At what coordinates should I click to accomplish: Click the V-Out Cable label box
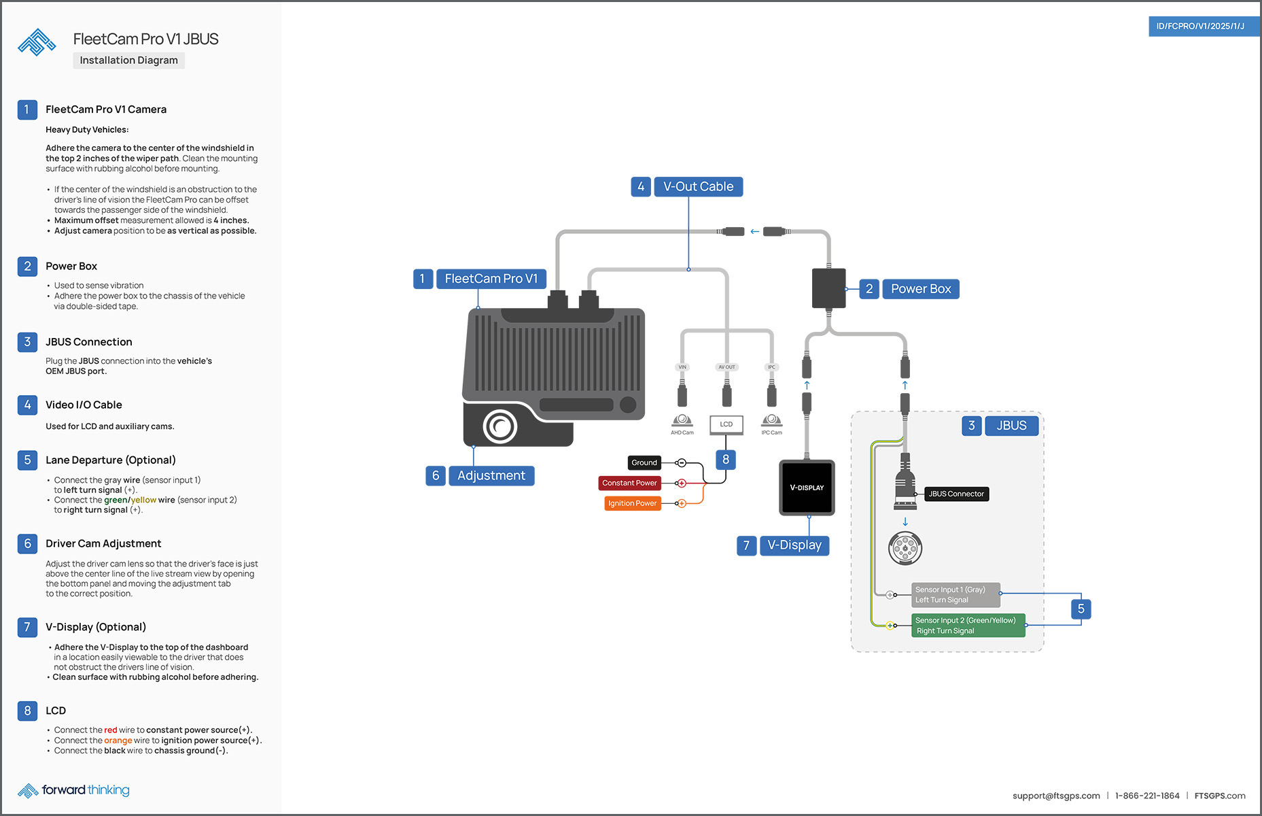point(698,187)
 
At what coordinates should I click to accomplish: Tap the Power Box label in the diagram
point(920,289)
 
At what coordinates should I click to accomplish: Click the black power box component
point(828,288)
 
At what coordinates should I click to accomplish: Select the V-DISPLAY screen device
point(807,488)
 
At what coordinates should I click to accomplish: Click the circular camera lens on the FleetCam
point(500,427)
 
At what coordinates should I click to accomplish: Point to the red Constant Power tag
point(629,483)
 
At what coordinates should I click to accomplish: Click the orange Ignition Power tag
point(632,504)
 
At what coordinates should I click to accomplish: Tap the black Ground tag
point(644,463)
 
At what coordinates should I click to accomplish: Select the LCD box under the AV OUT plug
point(726,424)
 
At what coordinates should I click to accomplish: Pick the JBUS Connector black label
point(956,494)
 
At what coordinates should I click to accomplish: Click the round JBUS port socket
point(905,547)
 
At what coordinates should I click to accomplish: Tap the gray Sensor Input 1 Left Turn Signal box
point(955,595)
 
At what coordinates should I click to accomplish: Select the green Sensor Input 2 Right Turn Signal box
point(967,626)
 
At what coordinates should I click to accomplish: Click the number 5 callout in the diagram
point(1081,609)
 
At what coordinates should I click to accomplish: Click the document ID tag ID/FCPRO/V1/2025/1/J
point(1200,27)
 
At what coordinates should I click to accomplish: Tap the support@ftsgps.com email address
point(1055,796)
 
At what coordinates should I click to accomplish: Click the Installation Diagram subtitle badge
point(128,61)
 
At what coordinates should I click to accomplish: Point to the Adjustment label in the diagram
point(491,476)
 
